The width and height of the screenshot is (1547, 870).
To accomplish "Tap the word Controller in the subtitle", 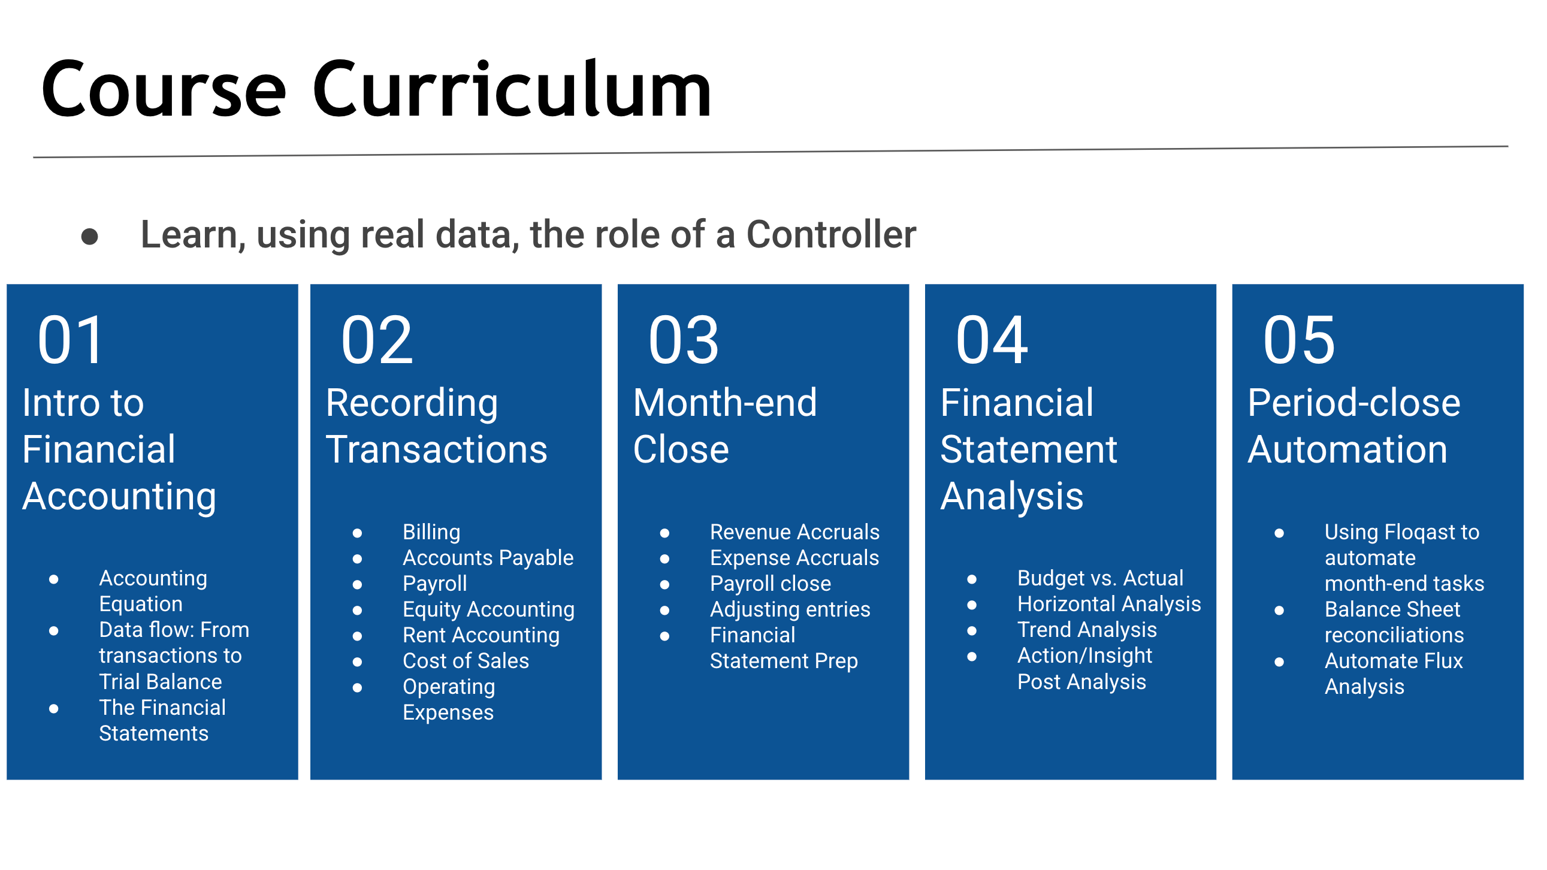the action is pyautogui.click(x=831, y=234).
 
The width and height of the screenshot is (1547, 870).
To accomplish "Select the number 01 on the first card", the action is pyautogui.click(x=70, y=340).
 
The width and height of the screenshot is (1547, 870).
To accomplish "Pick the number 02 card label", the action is pyautogui.click(x=377, y=340).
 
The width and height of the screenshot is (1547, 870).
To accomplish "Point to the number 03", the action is pyautogui.click(x=684, y=340).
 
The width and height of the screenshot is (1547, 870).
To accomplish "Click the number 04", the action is pyautogui.click(x=992, y=340).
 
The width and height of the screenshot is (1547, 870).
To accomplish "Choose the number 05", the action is pyautogui.click(x=1299, y=340).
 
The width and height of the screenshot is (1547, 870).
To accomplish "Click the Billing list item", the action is pyautogui.click(x=431, y=533).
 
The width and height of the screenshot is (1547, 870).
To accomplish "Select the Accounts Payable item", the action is pyautogui.click(x=488, y=558).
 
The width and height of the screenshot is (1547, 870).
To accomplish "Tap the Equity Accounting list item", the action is pyautogui.click(x=488, y=609).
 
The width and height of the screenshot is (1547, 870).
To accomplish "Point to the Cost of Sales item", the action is pyautogui.click(x=466, y=661).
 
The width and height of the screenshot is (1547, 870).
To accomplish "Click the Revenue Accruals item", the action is pyautogui.click(x=794, y=532).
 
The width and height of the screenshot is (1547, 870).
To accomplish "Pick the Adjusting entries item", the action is pyautogui.click(x=790, y=609).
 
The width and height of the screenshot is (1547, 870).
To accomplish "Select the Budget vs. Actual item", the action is pyautogui.click(x=1100, y=578).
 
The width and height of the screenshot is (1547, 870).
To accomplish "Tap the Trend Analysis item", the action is pyautogui.click(x=1087, y=630).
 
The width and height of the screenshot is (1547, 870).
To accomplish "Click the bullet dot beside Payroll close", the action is pyautogui.click(x=665, y=585).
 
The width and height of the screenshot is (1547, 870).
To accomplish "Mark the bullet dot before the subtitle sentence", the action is pyautogui.click(x=89, y=237).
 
